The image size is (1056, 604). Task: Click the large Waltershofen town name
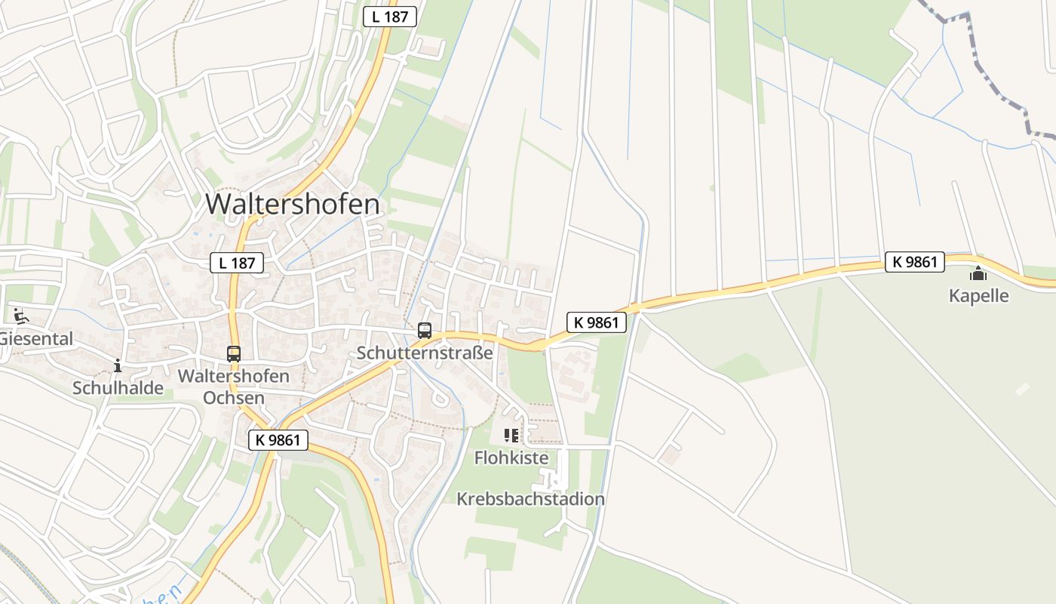tap(293, 204)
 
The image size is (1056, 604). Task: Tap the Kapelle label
tap(978, 296)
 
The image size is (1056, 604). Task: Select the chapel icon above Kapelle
tap(978, 274)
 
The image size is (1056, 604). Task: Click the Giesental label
tap(36, 339)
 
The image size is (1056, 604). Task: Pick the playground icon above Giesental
tap(20, 316)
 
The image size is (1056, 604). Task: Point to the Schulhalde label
tap(118, 388)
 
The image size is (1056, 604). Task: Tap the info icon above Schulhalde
tap(117, 366)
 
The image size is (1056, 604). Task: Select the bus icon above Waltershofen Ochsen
tap(234, 353)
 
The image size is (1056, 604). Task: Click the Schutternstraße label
tap(425, 353)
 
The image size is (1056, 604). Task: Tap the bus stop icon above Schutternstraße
tap(425, 331)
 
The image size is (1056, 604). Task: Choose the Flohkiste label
tap(511, 458)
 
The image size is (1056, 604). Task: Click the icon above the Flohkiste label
tap(511, 436)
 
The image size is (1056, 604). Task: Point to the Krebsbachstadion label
tap(530, 499)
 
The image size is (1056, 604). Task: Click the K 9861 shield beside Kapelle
tap(914, 262)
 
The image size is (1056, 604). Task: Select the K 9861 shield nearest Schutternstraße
tap(596, 322)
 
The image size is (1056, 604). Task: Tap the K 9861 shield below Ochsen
tap(278, 439)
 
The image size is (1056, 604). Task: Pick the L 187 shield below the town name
tap(237, 263)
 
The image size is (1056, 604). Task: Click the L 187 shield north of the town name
tap(390, 16)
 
